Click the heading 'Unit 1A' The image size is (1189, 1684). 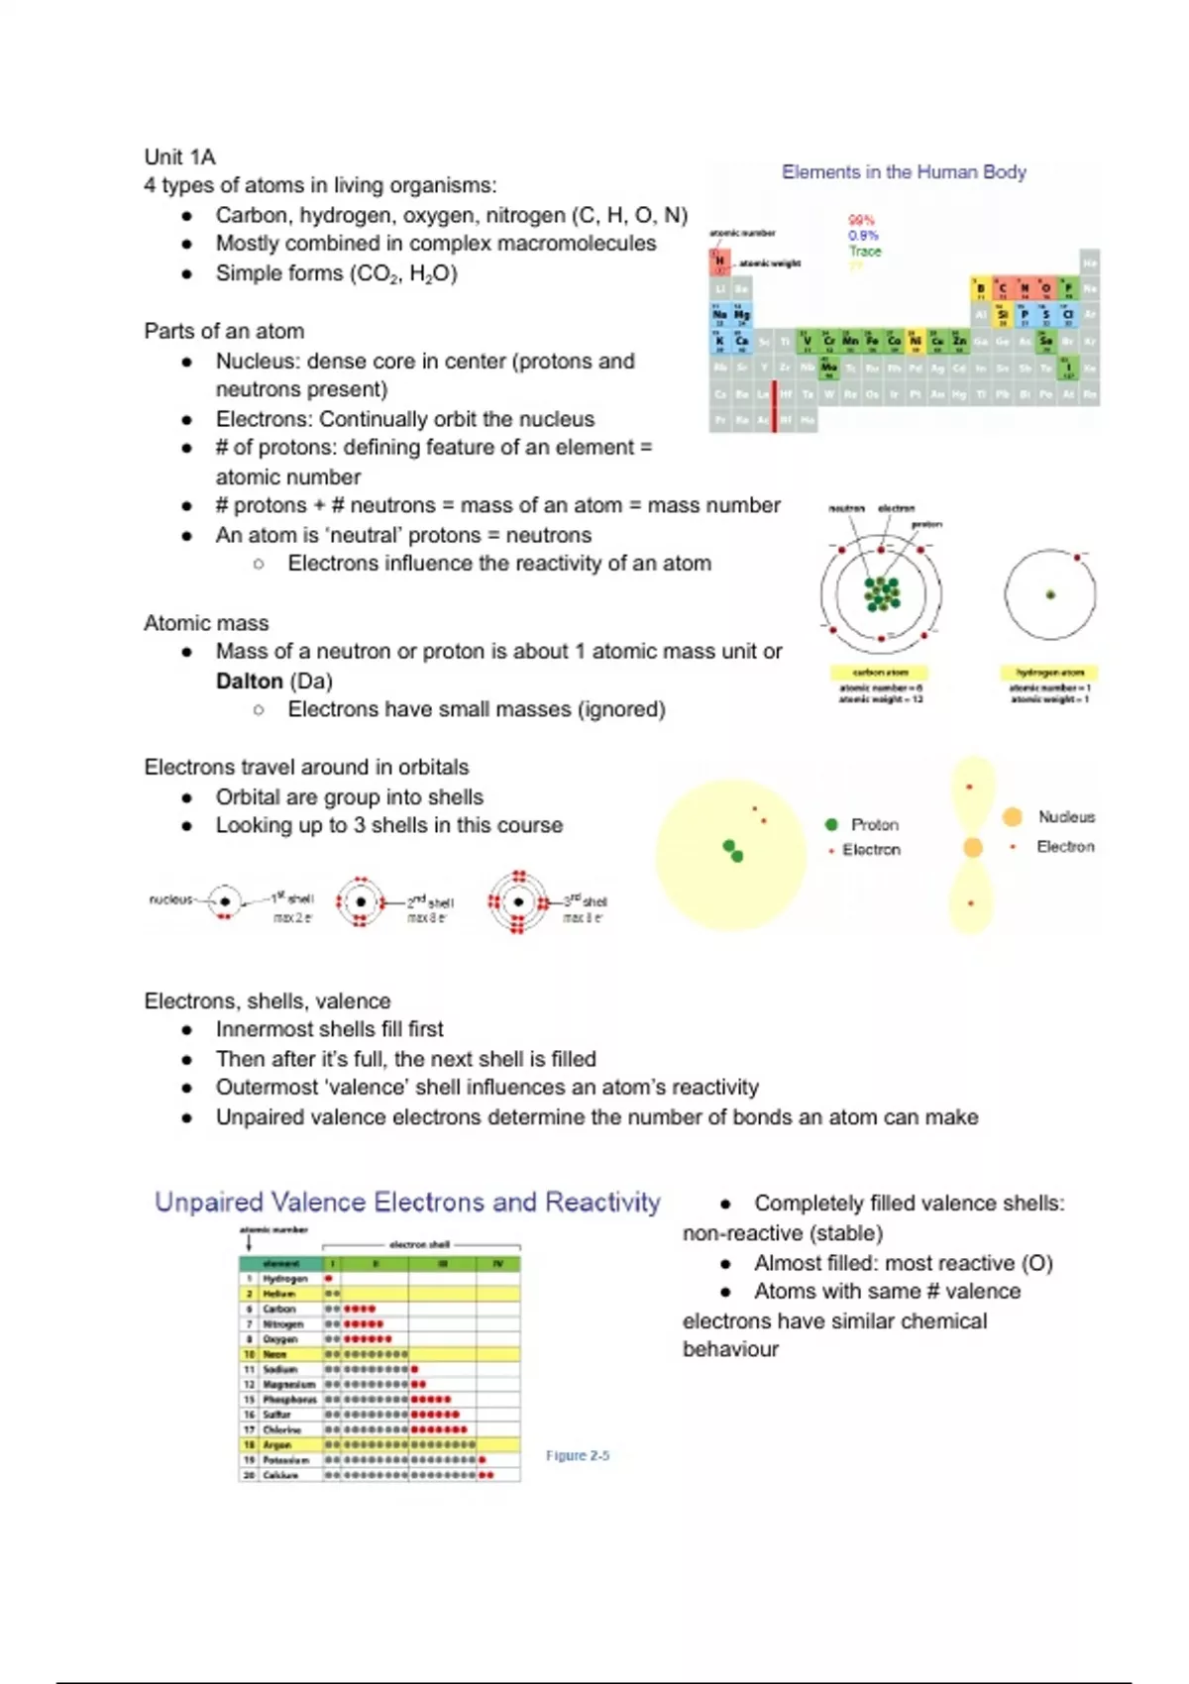(x=179, y=157)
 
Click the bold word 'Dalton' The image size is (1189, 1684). (x=250, y=681)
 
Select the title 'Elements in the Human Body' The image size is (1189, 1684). (x=904, y=171)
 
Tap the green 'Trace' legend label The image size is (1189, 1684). (x=864, y=251)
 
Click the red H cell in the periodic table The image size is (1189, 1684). (x=719, y=261)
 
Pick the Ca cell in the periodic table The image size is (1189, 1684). (x=742, y=342)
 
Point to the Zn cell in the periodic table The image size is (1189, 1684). (x=959, y=342)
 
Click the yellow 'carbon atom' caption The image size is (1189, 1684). (x=880, y=672)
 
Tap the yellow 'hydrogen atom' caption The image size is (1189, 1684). (x=1050, y=672)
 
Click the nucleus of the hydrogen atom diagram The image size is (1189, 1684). (x=1050, y=594)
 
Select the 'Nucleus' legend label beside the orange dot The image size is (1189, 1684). (x=1066, y=816)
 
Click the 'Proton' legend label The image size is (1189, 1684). (x=874, y=824)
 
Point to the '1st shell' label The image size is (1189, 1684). (x=292, y=898)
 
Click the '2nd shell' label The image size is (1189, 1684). (x=430, y=901)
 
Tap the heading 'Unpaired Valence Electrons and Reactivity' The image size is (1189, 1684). (x=407, y=1202)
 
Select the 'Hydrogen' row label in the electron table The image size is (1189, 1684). (x=285, y=1279)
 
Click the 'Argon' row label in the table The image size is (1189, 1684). (x=277, y=1444)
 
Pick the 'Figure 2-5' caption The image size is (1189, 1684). (x=578, y=1455)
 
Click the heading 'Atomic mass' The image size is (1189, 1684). (x=206, y=623)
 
